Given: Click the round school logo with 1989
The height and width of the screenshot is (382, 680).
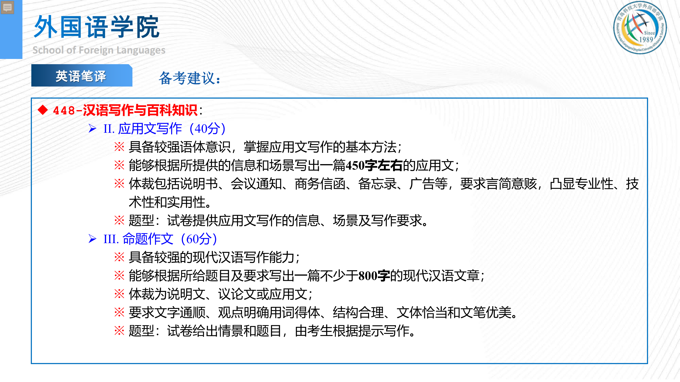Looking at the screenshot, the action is pyautogui.click(x=640, y=28).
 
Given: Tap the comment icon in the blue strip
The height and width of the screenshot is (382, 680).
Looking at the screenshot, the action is pyautogui.click(x=7, y=7).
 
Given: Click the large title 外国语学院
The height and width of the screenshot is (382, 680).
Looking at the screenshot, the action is pyautogui.click(x=97, y=27).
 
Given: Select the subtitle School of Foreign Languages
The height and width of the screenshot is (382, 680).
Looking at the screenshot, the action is pyautogui.click(x=99, y=50).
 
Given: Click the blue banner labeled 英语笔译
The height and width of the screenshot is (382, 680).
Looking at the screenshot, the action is pyautogui.click(x=81, y=75).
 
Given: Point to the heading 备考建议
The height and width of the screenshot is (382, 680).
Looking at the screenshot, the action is pyautogui.click(x=190, y=78).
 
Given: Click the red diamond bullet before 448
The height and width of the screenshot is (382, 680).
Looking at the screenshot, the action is pyautogui.click(x=43, y=110).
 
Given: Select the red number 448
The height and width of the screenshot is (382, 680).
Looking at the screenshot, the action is pyautogui.click(x=64, y=110).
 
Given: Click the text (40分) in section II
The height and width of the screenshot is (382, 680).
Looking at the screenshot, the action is pyautogui.click(x=207, y=129).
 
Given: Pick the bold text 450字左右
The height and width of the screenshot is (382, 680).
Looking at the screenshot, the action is pyautogui.click(x=374, y=166).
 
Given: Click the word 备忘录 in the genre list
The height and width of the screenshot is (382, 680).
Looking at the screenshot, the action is pyautogui.click(x=378, y=184).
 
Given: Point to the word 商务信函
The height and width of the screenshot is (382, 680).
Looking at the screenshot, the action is pyautogui.click(x=320, y=184).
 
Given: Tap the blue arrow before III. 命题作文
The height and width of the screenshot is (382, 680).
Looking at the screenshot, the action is pyautogui.click(x=92, y=239).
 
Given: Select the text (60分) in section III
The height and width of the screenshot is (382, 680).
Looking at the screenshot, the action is pyautogui.click(x=199, y=239).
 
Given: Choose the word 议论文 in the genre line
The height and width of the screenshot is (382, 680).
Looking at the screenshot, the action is pyautogui.click(x=237, y=294).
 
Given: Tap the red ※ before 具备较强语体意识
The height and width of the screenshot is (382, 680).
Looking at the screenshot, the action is pyautogui.click(x=119, y=147).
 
